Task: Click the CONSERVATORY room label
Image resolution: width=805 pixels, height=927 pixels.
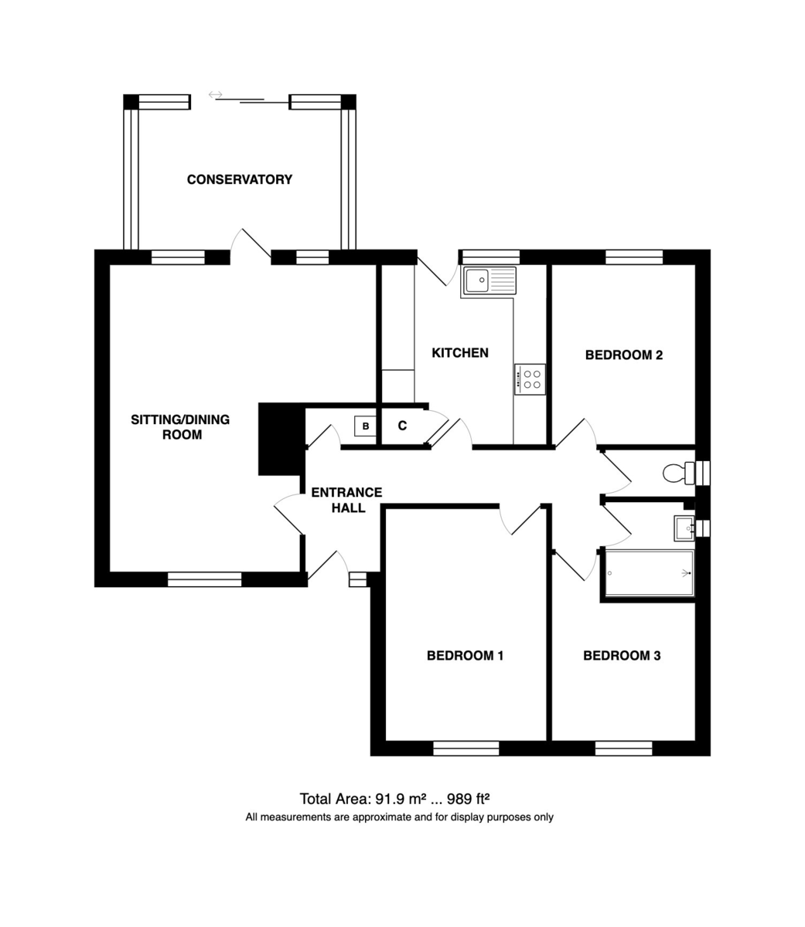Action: click(240, 179)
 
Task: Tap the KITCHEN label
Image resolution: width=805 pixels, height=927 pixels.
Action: click(460, 352)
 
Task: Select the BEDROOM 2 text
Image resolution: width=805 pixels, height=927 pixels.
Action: click(623, 355)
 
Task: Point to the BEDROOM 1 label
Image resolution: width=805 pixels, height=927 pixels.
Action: click(465, 656)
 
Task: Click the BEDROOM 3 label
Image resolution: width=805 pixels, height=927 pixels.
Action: click(622, 656)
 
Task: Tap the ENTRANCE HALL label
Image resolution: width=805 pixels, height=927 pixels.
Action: click(346, 500)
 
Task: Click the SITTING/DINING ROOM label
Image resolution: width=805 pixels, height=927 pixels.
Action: click(180, 426)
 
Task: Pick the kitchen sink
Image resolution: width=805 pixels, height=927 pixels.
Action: click(489, 280)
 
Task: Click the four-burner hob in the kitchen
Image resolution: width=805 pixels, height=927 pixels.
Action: click(530, 379)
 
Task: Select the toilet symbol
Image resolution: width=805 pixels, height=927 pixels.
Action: click(678, 473)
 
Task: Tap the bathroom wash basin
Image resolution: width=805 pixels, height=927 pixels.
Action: click(684, 528)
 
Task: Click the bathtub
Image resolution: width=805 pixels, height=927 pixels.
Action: click(650, 572)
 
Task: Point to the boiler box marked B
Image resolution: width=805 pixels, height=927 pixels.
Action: click(365, 426)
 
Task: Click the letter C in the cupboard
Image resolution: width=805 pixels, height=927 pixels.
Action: click(402, 426)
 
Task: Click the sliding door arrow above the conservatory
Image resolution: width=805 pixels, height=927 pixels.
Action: click(216, 95)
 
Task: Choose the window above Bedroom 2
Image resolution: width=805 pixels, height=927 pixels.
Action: click(634, 257)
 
